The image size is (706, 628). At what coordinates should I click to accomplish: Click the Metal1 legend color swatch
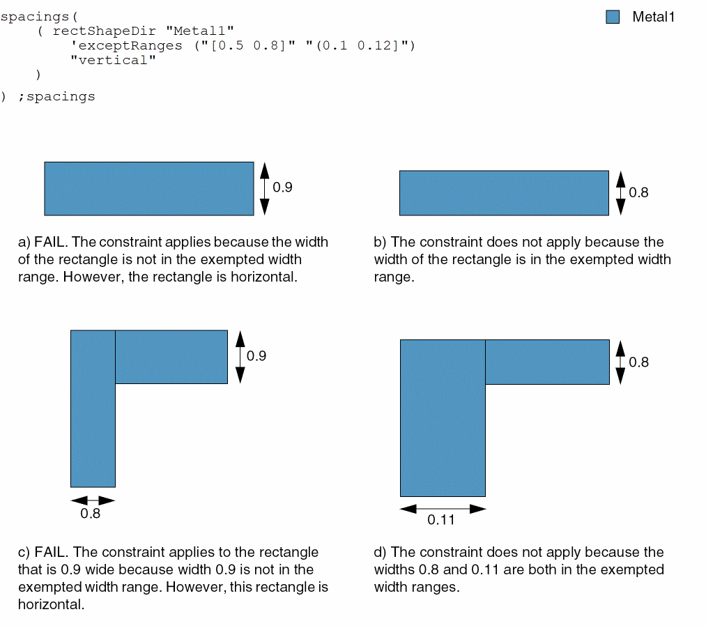click(613, 17)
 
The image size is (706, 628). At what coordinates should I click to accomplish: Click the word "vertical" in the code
click(113, 60)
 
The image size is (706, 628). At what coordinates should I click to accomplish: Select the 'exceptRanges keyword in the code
click(127, 45)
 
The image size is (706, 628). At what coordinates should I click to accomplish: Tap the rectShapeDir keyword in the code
click(105, 31)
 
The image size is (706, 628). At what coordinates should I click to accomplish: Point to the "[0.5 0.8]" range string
click(249, 45)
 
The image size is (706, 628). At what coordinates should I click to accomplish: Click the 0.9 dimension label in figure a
click(282, 187)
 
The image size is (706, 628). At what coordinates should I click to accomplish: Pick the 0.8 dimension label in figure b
click(638, 192)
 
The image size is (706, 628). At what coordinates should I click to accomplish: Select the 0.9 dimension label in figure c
click(256, 356)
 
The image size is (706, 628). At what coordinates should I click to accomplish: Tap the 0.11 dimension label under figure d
click(440, 520)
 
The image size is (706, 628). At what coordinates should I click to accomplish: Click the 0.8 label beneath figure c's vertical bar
click(90, 514)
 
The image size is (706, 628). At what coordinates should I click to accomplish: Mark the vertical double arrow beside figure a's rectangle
click(265, 189)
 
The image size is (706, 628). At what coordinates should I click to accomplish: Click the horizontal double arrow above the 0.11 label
click(443, 509)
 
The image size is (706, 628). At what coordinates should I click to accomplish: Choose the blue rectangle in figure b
click(505, 193)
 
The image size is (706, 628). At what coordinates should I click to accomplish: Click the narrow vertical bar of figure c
click(93, 408)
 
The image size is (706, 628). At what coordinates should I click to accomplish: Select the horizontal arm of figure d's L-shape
click(548, 362)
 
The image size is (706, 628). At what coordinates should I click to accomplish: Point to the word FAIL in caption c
click(51, 552)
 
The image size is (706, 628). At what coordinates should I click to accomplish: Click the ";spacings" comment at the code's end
click(56, 97)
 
